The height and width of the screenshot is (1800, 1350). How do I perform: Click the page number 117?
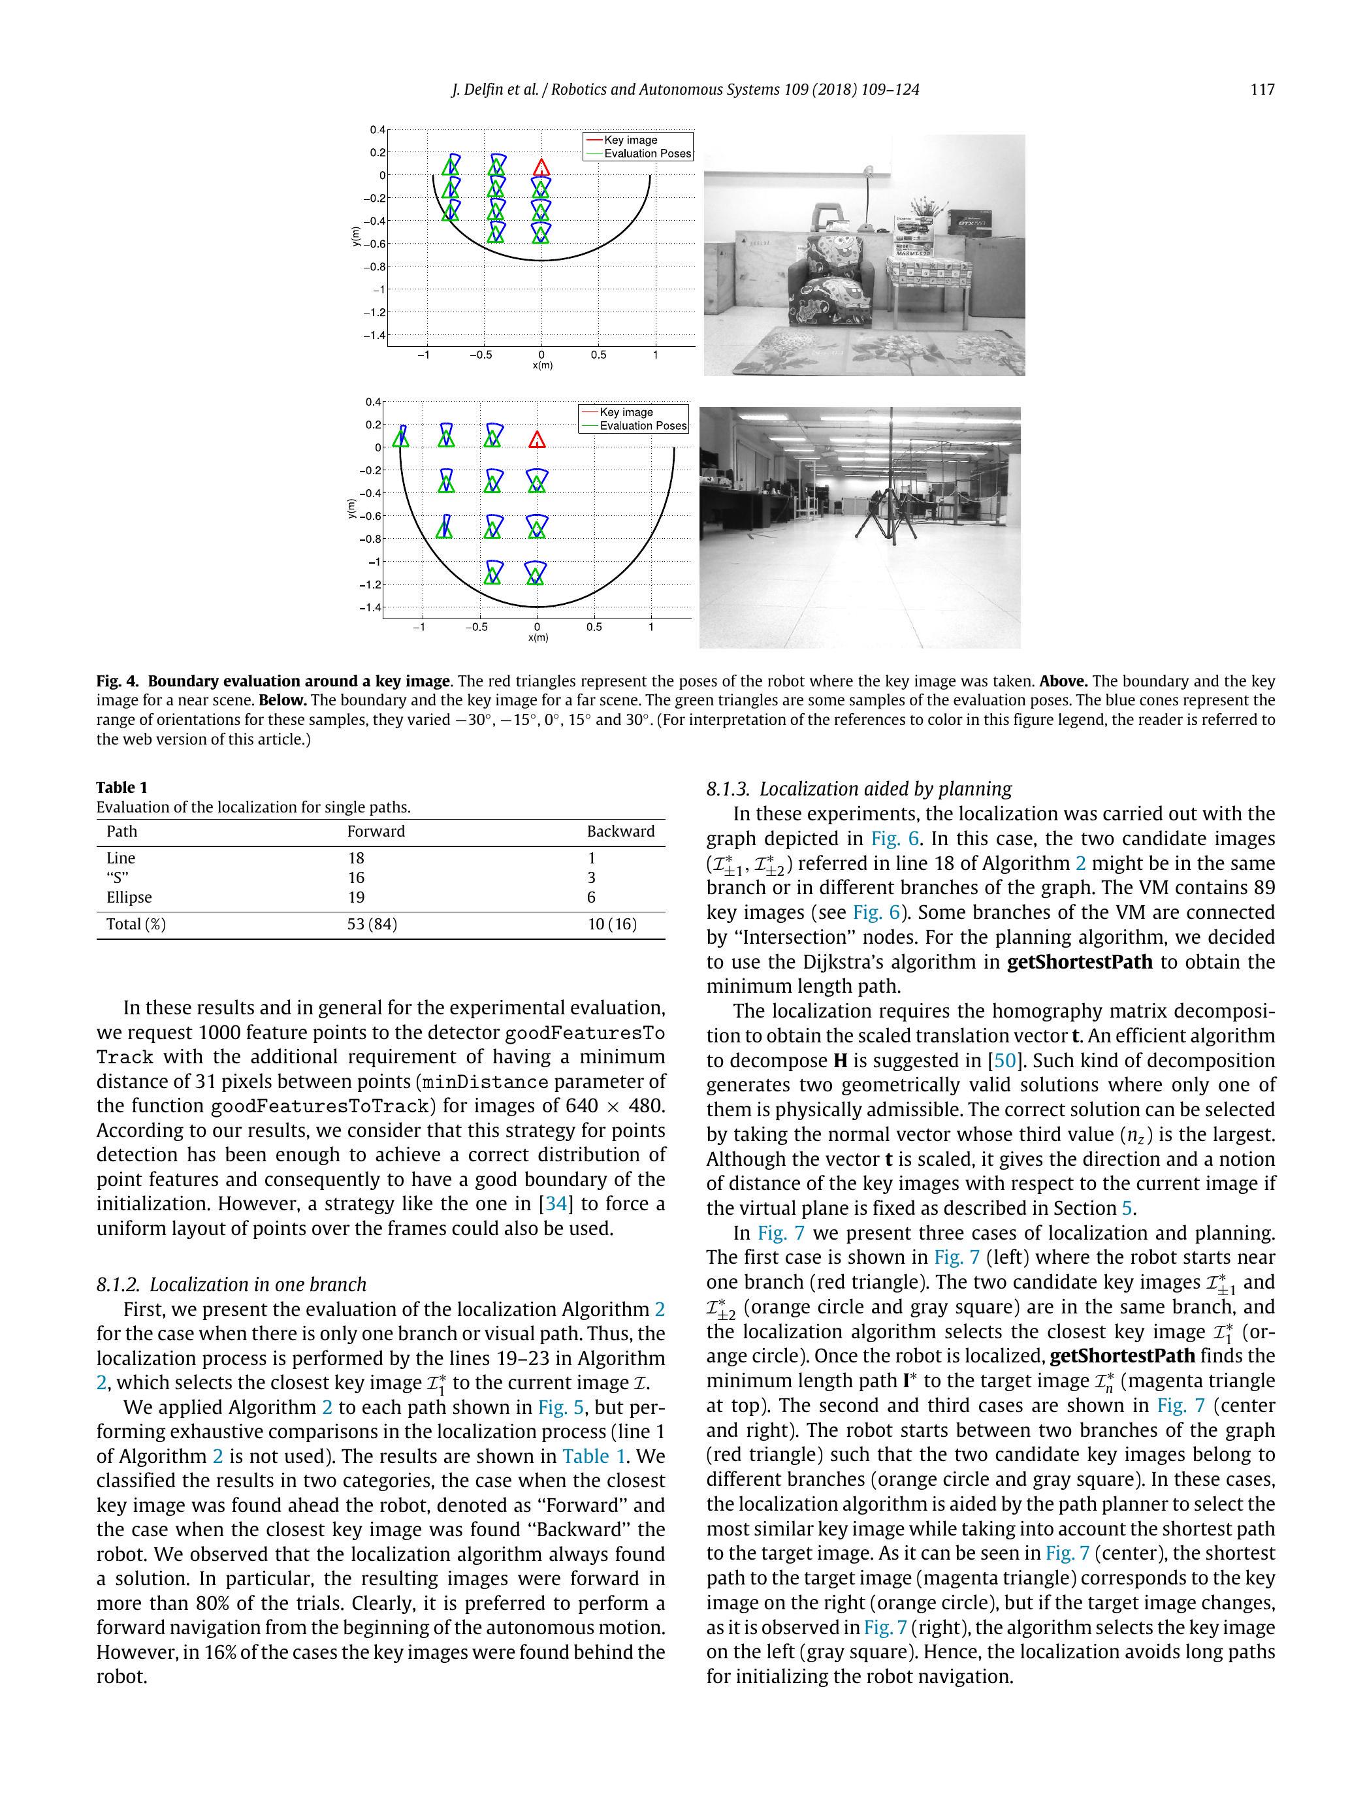[x=1261, y=89]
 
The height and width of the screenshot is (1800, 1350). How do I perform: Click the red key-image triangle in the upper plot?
[x=541, y=168]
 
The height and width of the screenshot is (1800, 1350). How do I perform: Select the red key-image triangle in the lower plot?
[x=536, y=440]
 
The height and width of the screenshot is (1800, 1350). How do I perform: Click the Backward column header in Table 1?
[x=620, y=831]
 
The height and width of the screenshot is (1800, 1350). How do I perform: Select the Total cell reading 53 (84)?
[x=372, y=924]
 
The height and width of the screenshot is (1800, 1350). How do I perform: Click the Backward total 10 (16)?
[x=612, y=924]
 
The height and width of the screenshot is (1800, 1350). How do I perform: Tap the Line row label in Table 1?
[x=120, y=858]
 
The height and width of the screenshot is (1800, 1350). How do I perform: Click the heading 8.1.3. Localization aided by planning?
[x=858, y=788]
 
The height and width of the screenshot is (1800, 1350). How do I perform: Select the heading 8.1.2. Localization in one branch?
[x=231, y=1284]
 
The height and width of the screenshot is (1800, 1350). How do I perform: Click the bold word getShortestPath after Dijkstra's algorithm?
[x=1079, y=962]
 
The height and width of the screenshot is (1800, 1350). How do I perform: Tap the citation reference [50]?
[x=1000, y=1060]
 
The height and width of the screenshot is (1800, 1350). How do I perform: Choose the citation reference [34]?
[x=553, y=1204]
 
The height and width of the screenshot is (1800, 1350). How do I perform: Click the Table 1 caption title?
[x=122, y=787]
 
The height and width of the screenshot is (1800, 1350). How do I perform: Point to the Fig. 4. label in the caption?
[x=117, y=681]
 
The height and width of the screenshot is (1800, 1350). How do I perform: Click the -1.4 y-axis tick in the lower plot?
[x=370, y=607]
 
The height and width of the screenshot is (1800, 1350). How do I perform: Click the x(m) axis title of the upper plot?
[x=542, y=365]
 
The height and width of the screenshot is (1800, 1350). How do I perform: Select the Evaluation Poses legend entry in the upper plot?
[x=647, y=153]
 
